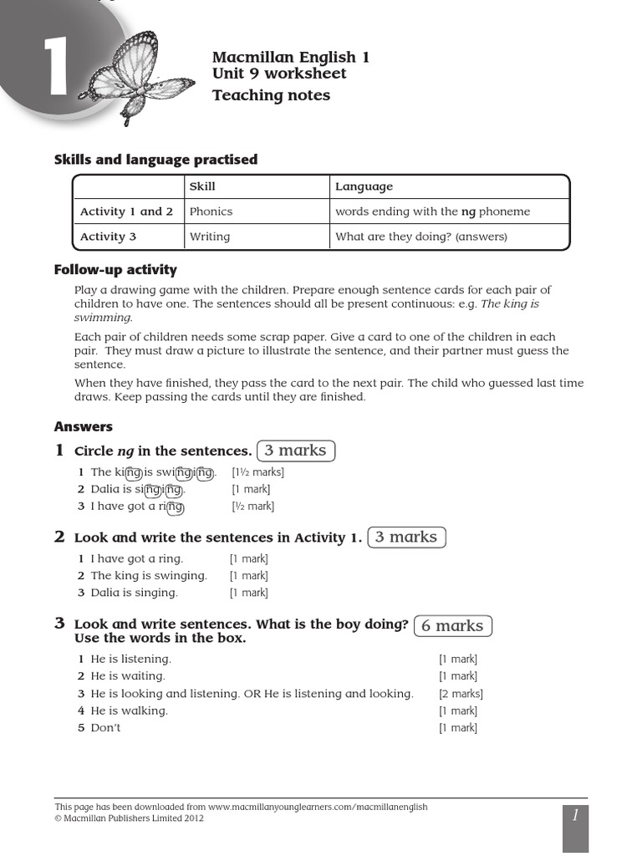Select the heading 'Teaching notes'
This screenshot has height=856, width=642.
pos(271,95)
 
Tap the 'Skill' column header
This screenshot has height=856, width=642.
pos(202,186)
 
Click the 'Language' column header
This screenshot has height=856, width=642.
pos(364,186)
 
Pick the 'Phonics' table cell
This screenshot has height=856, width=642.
pos(211,211)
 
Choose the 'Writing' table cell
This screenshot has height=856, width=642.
pos(209,237)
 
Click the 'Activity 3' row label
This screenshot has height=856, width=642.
pos(108,237)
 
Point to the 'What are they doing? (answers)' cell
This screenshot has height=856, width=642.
pos(421,237)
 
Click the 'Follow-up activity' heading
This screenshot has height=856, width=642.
pos(115,269)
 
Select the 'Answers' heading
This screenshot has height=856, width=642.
pos(84,426)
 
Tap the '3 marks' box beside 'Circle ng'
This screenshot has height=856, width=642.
pos(296,451)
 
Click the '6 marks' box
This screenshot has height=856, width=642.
pos(452,625)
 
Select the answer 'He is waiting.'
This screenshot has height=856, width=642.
pos(128,675)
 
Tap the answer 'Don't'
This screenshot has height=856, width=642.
pos(105,727)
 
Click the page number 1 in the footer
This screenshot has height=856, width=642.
pos(575,816)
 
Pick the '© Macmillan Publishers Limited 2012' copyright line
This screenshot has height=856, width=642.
pos(130,818)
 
